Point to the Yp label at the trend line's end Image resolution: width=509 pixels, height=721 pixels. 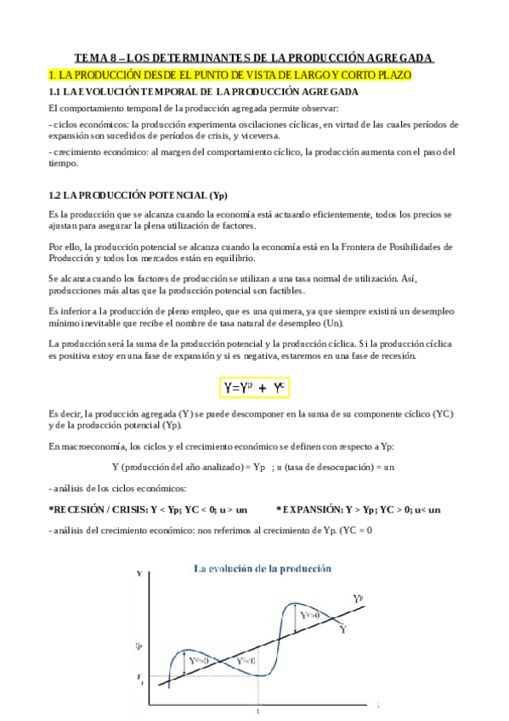tap(359, 599)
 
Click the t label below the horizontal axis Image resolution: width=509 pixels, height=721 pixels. tap(257, 712)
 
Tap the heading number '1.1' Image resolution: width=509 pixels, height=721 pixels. tap(56, 91)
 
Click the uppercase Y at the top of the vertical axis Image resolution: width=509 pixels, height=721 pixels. tap(139, 575)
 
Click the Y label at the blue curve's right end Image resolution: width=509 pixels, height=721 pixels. tap(342, 630)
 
